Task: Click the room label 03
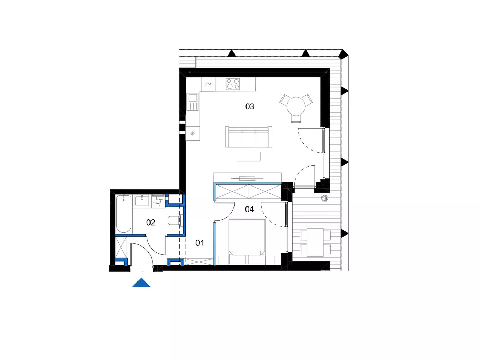[x=250, y=106]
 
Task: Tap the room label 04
[x=249, y=209]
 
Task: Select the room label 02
[x=151, y=223]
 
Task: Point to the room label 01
[x=200, y=243]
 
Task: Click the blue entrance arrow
[x=141, y=283]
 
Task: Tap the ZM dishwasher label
[x=208, y=84]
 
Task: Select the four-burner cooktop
[x=233, y=84]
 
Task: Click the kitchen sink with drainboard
[x=193, y=101]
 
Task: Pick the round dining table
[x=296, y=106]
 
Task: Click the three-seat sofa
[x=249, y=137]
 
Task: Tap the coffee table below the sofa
[x=249, y=156]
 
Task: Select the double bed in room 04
[x=247, y=242]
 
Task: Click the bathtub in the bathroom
[x=124, y=214]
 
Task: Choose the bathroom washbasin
[x=142, y=201]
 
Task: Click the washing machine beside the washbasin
[x=158, y=201]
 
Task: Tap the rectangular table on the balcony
[x=315, y=242]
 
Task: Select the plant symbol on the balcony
[x=325, y=198]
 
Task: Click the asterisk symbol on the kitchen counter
[x=192, y=133]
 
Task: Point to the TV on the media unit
[x=247, y=178]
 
